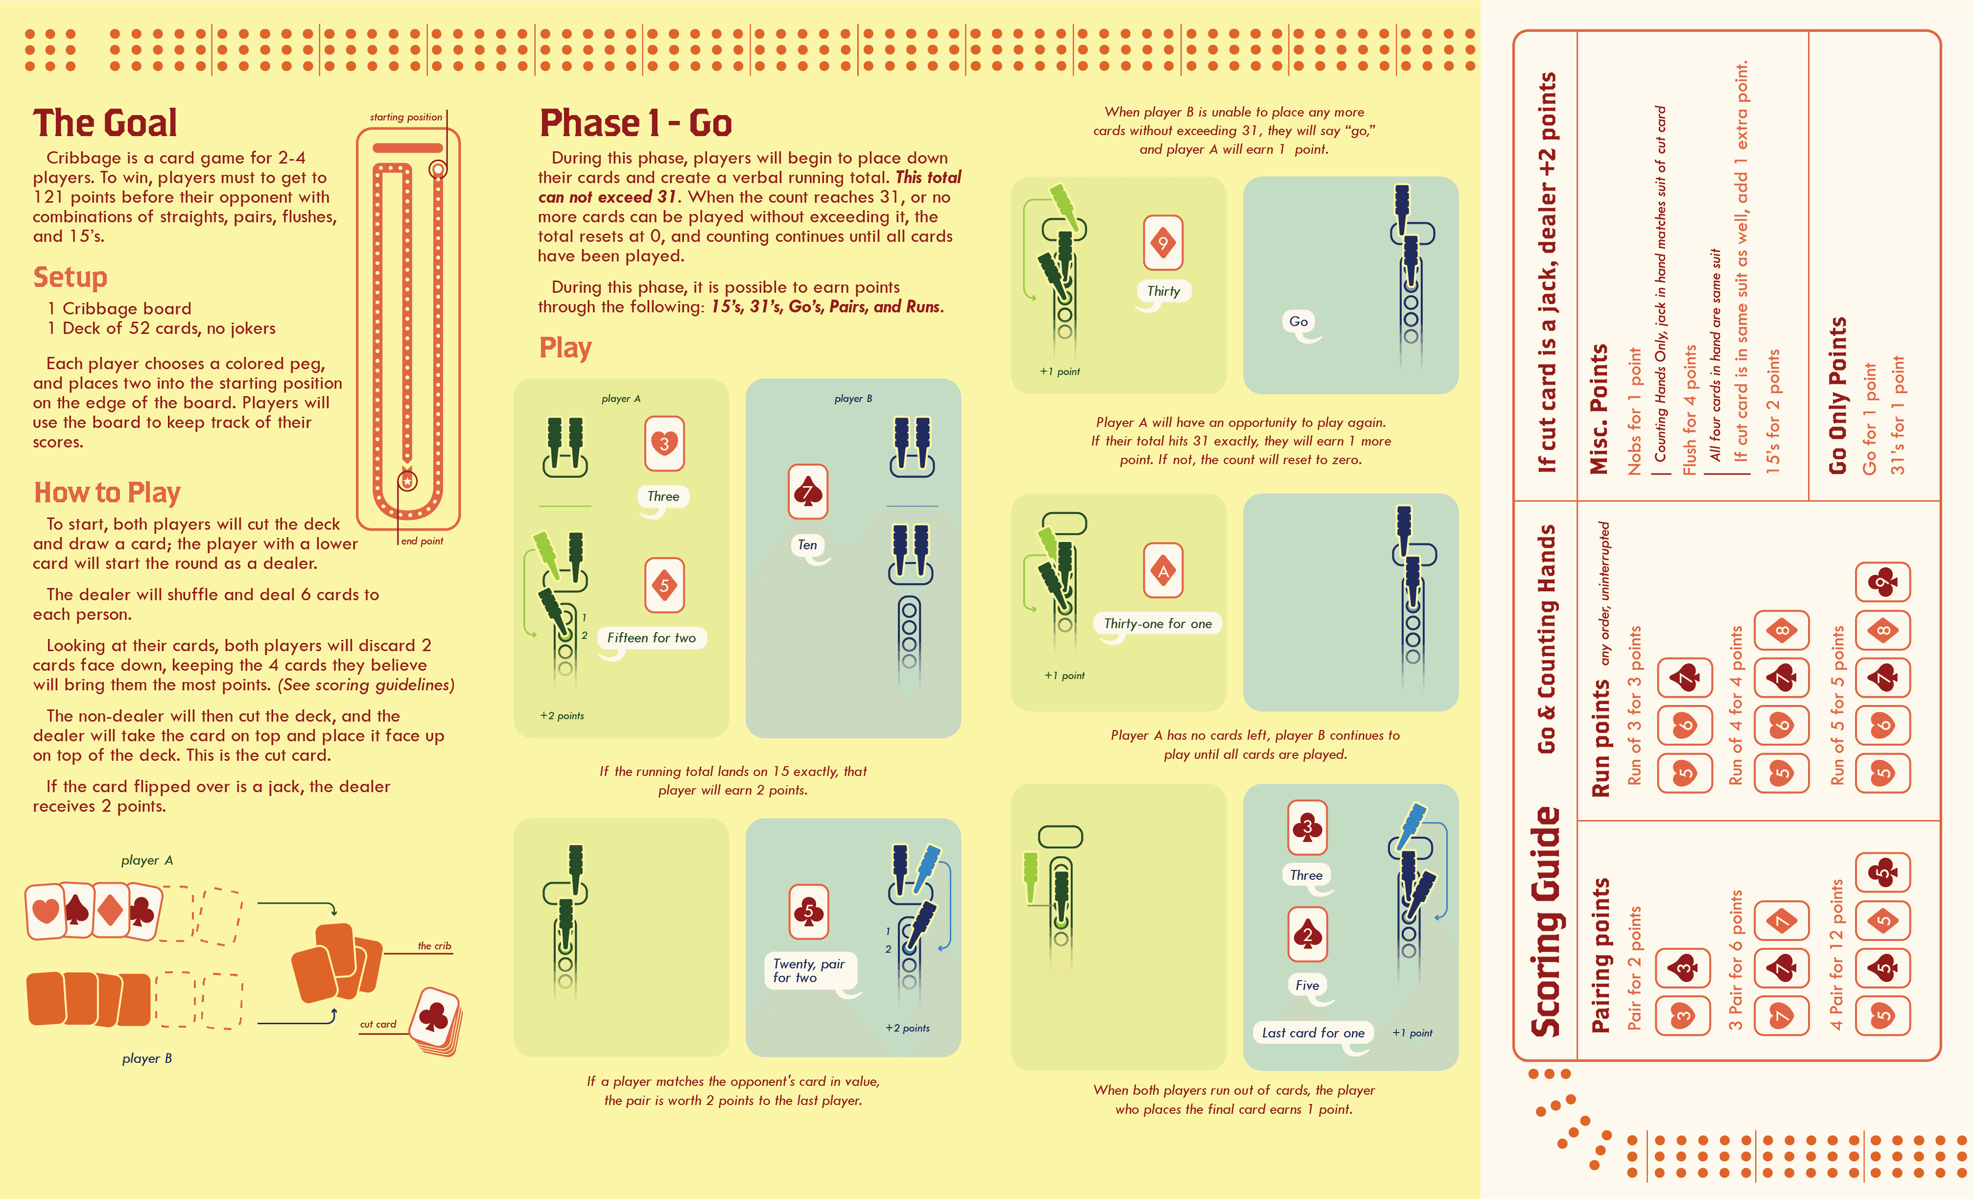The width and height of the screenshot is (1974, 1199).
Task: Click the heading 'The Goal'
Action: pyautogui.click(x=105, y=123)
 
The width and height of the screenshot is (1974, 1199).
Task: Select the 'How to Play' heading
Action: pyautogui.click(x=107, y=493)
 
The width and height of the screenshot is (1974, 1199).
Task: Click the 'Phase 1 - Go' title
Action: pyautogui.click(x=635, y=123)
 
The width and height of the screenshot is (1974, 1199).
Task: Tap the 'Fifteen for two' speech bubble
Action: pyautogui.click(x=651, y=638)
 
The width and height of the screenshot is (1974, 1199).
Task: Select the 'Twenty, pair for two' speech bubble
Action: pyautogui.click(x=810, y=971)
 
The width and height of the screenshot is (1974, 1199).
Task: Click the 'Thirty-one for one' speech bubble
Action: pyautogui.click(x=1158, y=624)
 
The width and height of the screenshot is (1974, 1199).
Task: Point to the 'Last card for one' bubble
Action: pyautogui.click(x=1313, y=1033)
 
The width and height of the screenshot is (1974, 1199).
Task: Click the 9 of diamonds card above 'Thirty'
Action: pyautogui.click(x=1163, y=242)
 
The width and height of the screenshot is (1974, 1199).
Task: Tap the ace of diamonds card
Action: pyautogui.click(x=1163, y=571)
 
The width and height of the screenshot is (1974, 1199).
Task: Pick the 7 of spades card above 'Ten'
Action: pyautogui.click(x=807, y=492)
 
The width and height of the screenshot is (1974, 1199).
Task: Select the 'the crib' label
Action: pyautogui.click(x=434, y=946)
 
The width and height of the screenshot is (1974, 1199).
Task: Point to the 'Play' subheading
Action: pyautogui.click(x=565, y=348)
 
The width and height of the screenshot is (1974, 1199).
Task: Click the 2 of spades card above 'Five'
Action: pyautogui.click(x=1308, y=935)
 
